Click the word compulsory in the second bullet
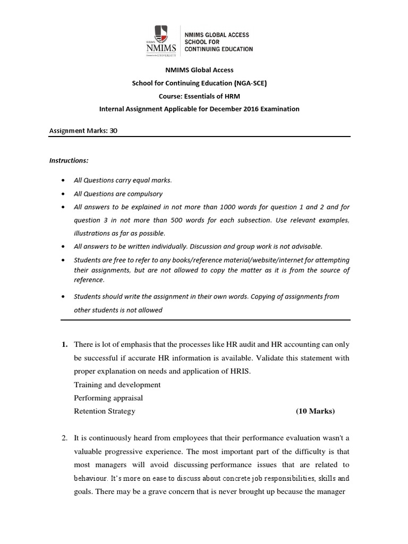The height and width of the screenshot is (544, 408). click(144, 194)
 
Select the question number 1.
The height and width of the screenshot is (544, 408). click(64, 345)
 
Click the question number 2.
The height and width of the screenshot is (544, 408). click(64, 438)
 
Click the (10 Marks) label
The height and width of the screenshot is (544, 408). click(316, 411)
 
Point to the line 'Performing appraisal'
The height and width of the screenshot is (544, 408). click(108, 398)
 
